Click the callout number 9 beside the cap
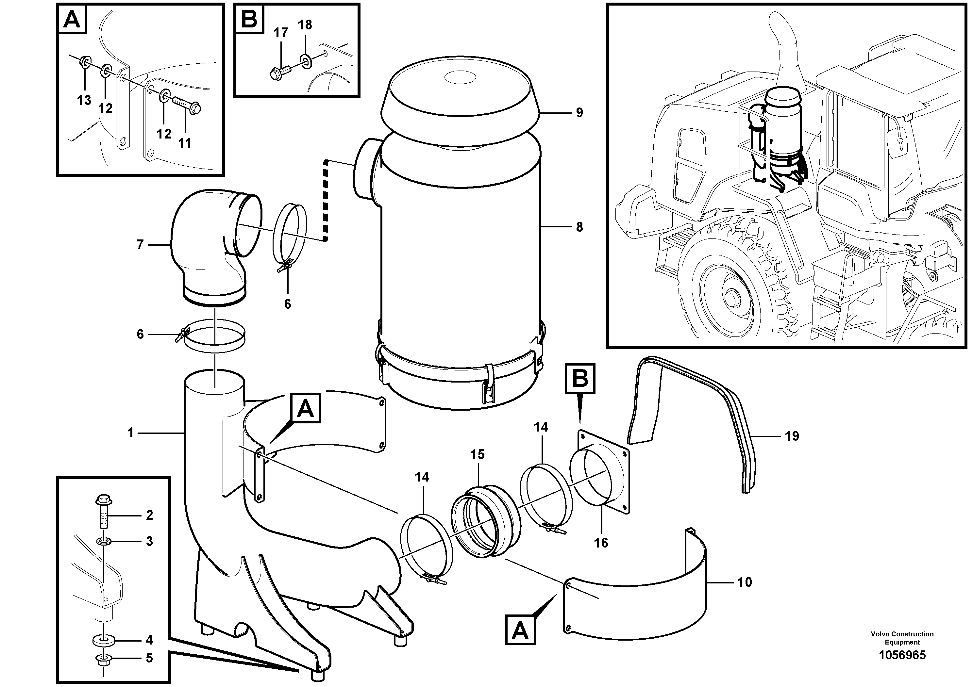pos(579,113)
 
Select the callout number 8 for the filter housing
pos(579,227)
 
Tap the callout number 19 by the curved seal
pos(792,436)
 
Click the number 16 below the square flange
pos(601,543)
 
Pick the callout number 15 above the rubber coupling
pos(477,454)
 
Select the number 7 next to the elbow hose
pos(140,244)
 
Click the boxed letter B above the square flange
pos(580,379)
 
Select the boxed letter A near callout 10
pos(520,631)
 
